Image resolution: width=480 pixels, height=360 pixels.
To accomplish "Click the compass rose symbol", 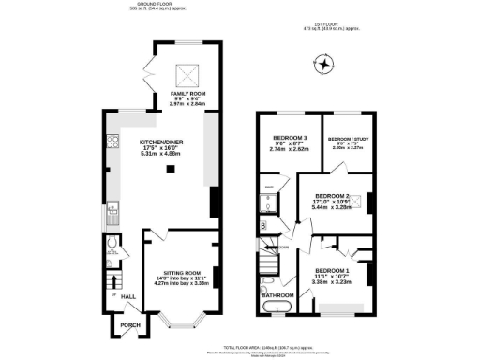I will (x=325, y=65).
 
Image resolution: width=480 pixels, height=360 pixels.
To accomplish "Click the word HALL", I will (x=116, y=297).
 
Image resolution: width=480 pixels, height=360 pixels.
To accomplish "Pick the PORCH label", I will (x=121, y=327).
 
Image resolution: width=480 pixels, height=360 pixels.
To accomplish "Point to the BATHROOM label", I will (x=277, y=294).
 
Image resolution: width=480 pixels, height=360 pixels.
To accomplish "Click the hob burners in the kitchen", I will (x=112, y=143).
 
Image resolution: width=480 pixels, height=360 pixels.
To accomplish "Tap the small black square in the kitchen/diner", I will (x=171, y=170).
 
